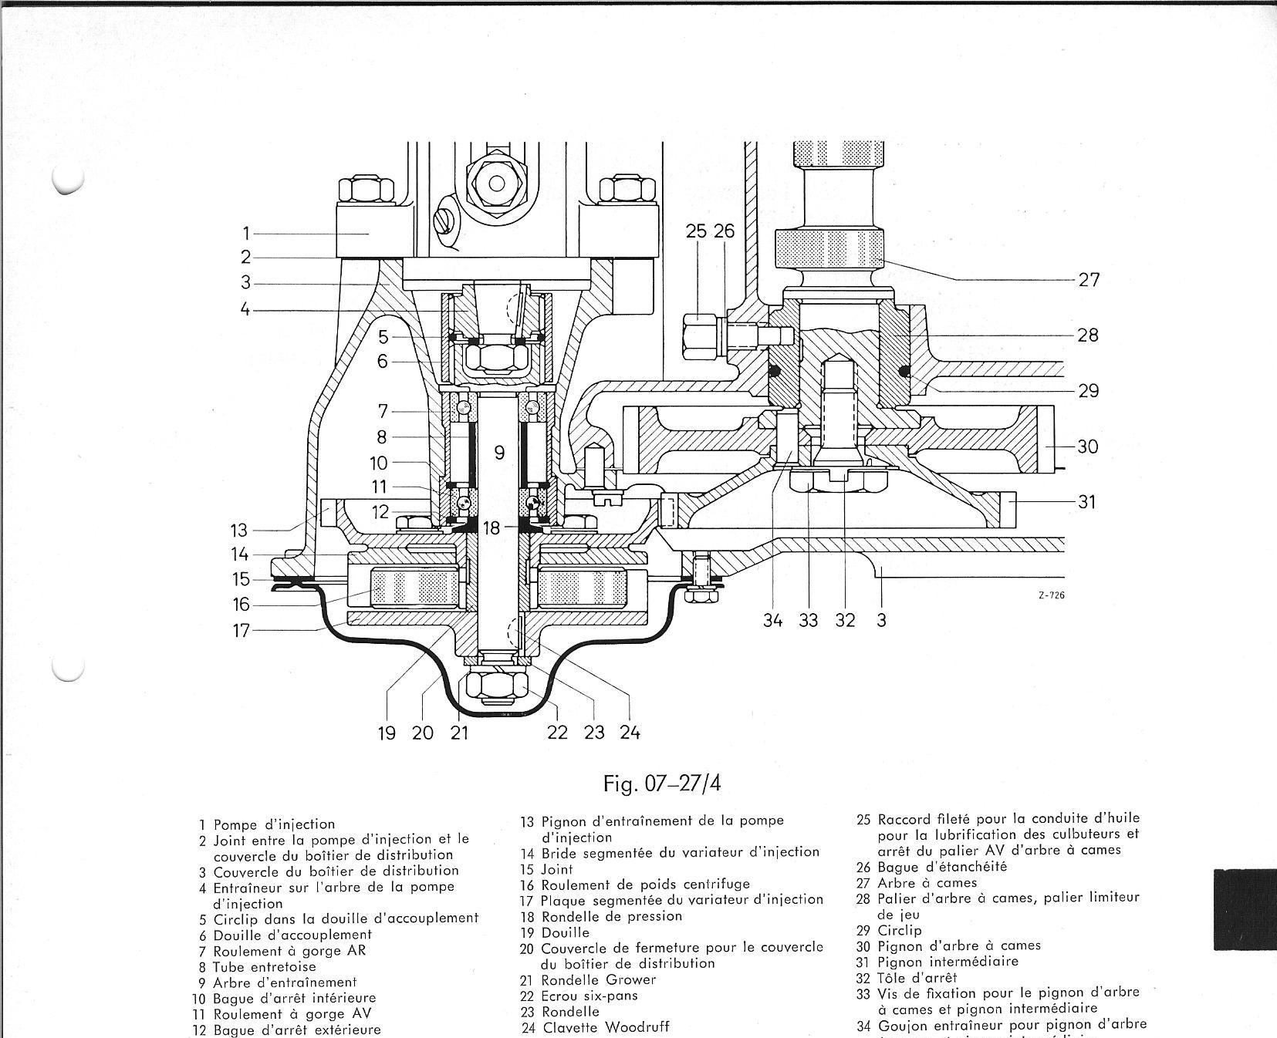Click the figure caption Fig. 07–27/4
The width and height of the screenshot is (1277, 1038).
coord(663,784)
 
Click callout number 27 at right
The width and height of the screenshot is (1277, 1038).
coord(1088,279)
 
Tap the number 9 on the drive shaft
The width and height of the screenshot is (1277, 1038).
coord(499,453)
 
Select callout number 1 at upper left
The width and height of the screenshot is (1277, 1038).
coord(246,233)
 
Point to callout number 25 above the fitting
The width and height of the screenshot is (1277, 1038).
coord(696,231)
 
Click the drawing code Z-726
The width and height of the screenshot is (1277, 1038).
coord(1052,595)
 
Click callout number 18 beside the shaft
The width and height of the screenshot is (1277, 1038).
coord(492,527)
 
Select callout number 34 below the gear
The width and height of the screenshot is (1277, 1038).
coord(772,620)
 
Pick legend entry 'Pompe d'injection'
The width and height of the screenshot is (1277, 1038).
coord(274,824)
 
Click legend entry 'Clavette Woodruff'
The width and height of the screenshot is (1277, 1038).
coord(605,1026)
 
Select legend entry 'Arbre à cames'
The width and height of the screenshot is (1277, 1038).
coord(927,882)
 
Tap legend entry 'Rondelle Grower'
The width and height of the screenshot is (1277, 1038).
coord(598,979)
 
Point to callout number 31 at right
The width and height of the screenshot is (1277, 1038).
coord(1086,501)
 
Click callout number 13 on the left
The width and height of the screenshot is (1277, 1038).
coord(239,530)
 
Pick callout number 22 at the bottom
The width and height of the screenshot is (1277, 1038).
coord(557,732)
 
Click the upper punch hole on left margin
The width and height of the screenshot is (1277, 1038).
coord(68,180)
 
